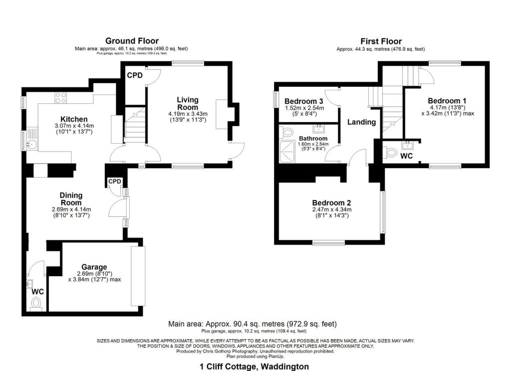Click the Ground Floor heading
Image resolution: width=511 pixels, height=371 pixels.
(x=132, y=41)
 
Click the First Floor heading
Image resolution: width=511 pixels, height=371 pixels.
(x=381, y=41)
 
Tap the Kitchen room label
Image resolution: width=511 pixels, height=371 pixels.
(x=74, y=119)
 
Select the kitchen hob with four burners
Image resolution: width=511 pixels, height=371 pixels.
(x=61, y=98)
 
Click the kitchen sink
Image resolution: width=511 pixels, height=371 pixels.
(x=31, y=145)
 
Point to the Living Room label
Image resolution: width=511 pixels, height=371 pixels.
(x=187, y=104)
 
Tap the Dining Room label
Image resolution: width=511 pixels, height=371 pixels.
(x=71, y=199)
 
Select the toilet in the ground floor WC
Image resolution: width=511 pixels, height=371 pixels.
(x=36, y=303)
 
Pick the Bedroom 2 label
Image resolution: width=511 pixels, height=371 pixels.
(x=331, y=203)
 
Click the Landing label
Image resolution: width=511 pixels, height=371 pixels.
(x=361, y=122)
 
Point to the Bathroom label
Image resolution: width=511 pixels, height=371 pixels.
(x=313, y=138)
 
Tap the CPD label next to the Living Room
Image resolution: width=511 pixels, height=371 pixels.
(x=135, y=75)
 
